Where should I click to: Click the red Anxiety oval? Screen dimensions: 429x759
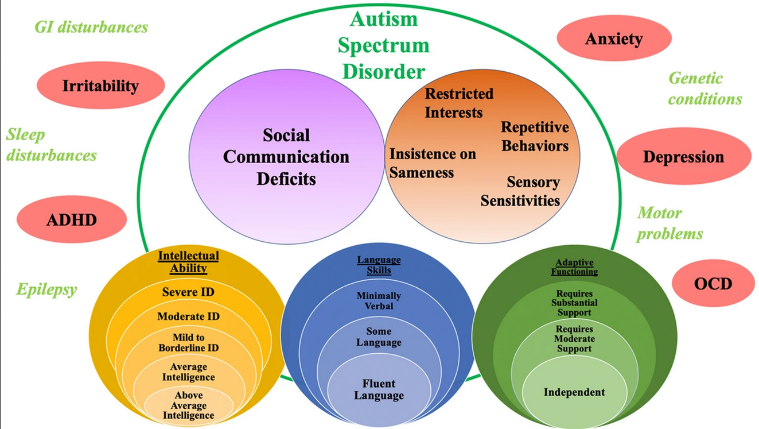(614, 39)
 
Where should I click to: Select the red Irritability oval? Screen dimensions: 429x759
(100, 86)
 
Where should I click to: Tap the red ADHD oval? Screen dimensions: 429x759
(72, 220)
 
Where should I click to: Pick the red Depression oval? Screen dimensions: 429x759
(683, 157)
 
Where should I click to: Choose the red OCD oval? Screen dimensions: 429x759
(713, 283)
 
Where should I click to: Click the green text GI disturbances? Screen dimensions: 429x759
(91, 27)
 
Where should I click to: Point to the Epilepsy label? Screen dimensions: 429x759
(46, 289)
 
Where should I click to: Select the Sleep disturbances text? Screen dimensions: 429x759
(51, 145)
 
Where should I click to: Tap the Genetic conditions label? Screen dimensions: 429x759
(704, 88)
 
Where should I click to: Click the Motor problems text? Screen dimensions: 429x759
(670, 223)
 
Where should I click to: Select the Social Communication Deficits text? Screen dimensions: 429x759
(286, 157)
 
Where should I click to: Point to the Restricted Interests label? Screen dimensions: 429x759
(458, 103)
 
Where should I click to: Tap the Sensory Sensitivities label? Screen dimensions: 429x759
(520, 191)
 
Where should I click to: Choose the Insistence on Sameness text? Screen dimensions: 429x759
(425, 163)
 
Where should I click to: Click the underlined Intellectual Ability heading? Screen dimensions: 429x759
(188, 261)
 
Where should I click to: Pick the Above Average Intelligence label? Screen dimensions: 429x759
(188, 405)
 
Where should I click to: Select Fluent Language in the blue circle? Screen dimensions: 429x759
(379, 389)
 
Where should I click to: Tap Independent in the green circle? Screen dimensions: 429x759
(574, 392)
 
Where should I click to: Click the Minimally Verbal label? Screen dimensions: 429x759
(379, 301)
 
